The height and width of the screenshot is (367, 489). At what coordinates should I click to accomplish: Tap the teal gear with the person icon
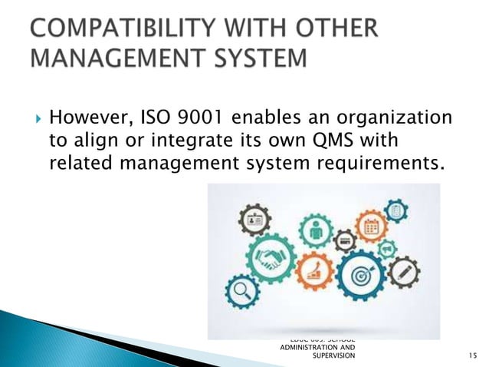point(314,228)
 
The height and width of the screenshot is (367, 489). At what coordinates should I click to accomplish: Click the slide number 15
point(471,355)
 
